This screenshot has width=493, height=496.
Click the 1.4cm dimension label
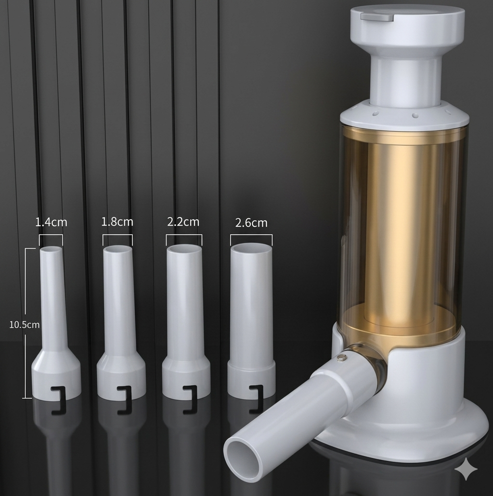[52, 222]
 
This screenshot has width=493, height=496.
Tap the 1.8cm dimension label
[117, 221]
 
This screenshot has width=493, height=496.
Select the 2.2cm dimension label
[183, 221]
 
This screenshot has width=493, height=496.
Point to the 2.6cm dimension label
[251, 223]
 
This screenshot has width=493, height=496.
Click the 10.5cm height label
[25, 325]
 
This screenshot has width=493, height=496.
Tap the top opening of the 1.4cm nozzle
[51, 249]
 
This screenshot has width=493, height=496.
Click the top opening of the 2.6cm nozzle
[251, 248]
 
